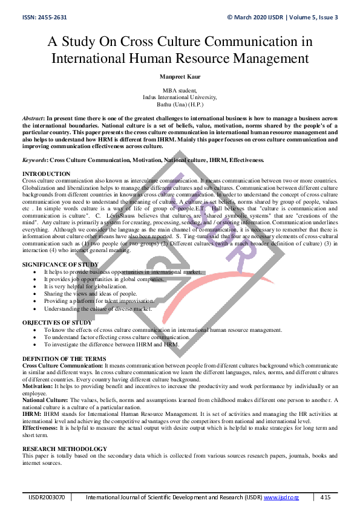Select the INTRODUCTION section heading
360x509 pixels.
tap(46, 173)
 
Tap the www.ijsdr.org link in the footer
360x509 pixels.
tap(281, 497)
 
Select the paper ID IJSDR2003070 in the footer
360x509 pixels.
tap(47, 497)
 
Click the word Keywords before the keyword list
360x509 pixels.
tap(35, 160)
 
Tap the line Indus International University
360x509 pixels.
tap(180, 97)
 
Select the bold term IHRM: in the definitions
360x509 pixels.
tap(31, 414)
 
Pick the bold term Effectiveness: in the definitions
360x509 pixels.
tap(39, 427)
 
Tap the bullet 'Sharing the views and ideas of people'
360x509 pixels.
tap(86, 293)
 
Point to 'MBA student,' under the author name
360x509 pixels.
tap(180, 90)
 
